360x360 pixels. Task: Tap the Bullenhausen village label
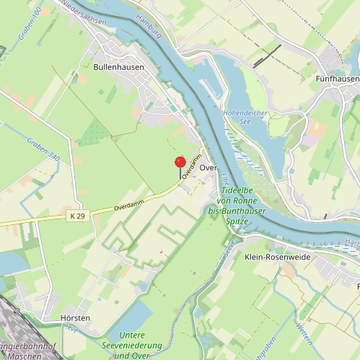[x=119, y=67]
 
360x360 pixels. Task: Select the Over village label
[x=208, y=167]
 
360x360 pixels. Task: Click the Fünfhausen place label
[x=338, y=78]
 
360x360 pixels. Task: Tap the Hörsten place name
[x=75, y=318]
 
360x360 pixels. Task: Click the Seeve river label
[x=229, y=250]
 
